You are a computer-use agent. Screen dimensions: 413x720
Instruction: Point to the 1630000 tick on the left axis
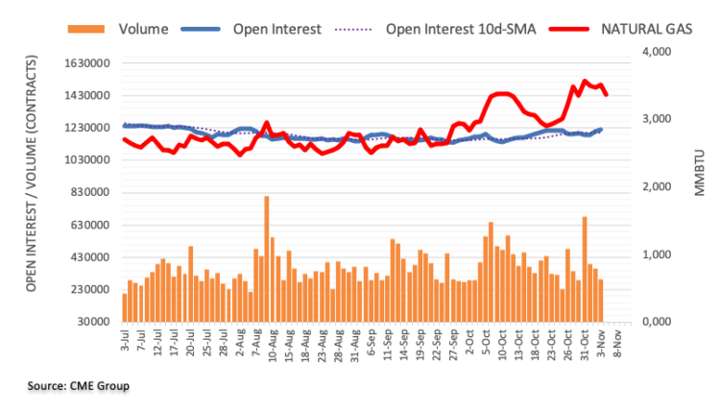(x=84, y=64)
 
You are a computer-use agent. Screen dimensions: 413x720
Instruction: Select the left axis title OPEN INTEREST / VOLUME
(x=31, y=186)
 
